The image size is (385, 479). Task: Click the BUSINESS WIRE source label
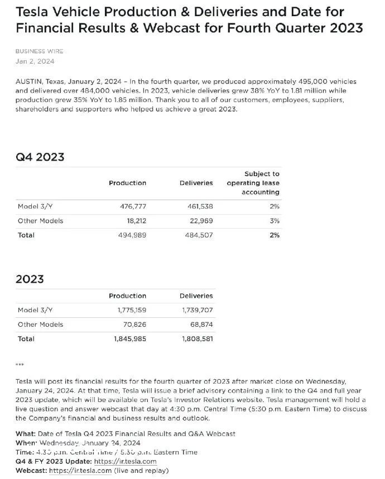pyautogui.click(x=39, y=51)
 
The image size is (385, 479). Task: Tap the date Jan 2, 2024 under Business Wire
pyautogui.click(x=35, y=61)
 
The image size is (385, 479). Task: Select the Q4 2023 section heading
pyautogui.click(x=40, y=157)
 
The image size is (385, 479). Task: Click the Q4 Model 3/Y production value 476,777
pyautogui.click(x=133, y=206)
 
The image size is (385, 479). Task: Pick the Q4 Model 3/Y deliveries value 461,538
pyautogui.click(x=199, y=206)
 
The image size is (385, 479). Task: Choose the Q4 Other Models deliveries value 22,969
pyautogui.click(x=201, y=221)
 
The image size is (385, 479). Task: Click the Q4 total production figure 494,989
pyautogui.click(x=133, y=235)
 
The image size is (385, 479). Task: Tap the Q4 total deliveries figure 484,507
pyautogui.click(x=199, y=235)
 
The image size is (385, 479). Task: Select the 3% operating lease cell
pyautogui.click(x=275, y=221)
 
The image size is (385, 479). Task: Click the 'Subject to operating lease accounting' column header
pyautogui.click(x=254, y=183)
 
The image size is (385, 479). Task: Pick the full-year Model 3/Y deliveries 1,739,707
pyautogui.click(x=198, y=310)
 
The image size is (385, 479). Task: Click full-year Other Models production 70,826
pyautogui.click(x=134, y=325)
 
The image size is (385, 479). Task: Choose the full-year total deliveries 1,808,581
pyautogui.click(x=198, y=338)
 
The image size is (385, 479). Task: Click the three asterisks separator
pyautogui.click(x=20, y=365)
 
